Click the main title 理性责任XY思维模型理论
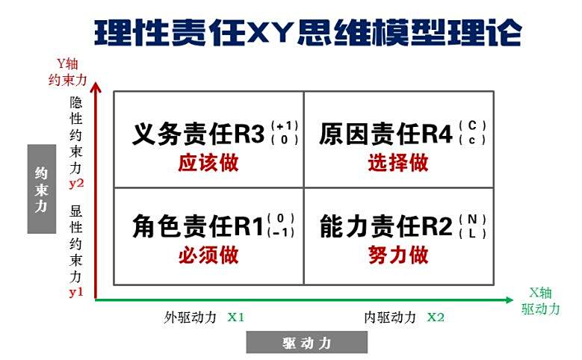pos(308,33)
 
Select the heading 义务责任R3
pos(199,134)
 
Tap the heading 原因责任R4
pos(386,134)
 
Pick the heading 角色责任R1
pos(198,226)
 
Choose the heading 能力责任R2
pos(386,226)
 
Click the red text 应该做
pos(208,163)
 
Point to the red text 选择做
pos(398,163)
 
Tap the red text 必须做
pos(208,255)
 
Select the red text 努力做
pos(398,255)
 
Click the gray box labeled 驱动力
pos(307,342)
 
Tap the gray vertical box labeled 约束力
pos(42,189)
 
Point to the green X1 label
pos(236,317)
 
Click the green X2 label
pos(436,317)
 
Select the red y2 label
pos(76,184)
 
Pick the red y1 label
pos(76,293)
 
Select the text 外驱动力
pos(190,317)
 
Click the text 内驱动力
pos(390,317)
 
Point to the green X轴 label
pos(540,293)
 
